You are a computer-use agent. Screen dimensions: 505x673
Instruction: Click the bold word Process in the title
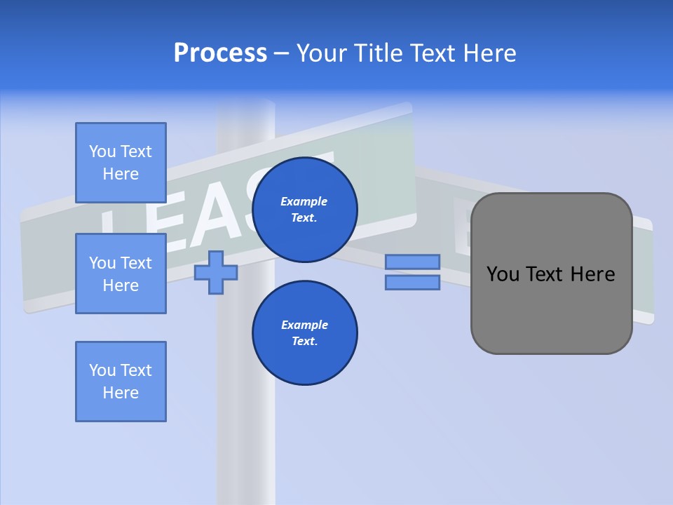tap(220, 53)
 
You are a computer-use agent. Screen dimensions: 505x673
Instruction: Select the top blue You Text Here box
tap(121, 163)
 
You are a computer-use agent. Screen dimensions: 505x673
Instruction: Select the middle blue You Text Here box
tap(121, 274)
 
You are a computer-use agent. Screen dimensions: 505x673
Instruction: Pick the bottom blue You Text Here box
tap(121, 382)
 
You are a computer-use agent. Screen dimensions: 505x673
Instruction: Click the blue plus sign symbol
tap(216, 272)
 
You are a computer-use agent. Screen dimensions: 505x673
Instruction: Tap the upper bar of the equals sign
tap(412, 262)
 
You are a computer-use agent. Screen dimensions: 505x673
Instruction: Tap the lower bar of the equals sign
tap(412, 282)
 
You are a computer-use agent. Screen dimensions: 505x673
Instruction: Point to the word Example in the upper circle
tap(304, 201)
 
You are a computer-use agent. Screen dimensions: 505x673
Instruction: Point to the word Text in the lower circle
tap(304, 342)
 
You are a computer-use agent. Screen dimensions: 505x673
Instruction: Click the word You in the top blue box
tap(102, 151)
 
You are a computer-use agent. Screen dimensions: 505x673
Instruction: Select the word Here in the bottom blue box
tap(121, 393)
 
